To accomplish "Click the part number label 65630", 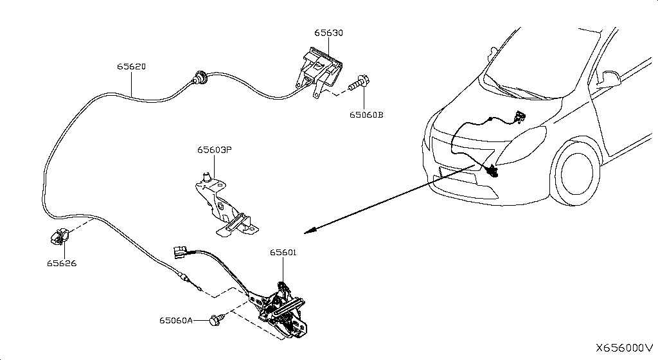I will click(328, 32).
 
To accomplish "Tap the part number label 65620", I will click(131, 66).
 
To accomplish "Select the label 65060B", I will click(366, 115).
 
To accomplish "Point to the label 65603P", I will click(214, 150).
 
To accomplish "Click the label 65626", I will click(62, 263).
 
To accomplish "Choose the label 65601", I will click(283, 253).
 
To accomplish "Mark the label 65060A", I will click(176, 319).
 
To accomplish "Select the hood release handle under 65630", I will click(319, 69).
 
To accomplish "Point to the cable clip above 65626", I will click(57, 237).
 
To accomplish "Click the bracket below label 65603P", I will click(222, 203).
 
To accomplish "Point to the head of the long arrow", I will click(308, 231).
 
